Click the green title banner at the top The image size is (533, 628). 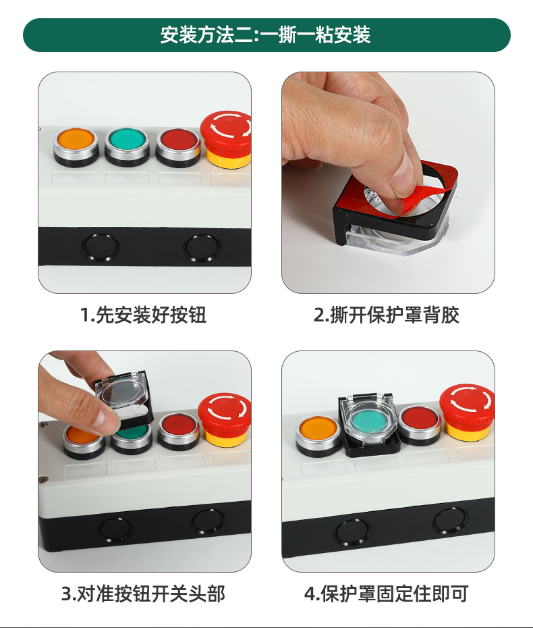(266, 35)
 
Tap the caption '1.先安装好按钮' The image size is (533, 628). (143, 315)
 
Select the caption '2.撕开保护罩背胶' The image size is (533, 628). (387, 315)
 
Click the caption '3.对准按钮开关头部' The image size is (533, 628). (143, 594)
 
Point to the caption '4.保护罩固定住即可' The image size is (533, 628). (387, 594)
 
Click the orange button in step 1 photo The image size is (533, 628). (76, 146)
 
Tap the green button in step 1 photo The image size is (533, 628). (127, 146)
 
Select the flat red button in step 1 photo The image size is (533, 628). (178, 146)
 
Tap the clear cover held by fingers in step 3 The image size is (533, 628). (124, 398)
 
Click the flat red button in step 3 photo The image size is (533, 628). (179, 431)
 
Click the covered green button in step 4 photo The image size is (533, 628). (369, 421)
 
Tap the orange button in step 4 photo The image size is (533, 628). (318, 436)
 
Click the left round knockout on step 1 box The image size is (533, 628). (101, 246)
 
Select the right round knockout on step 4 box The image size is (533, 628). (450, 521)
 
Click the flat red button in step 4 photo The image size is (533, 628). (420, 425)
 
